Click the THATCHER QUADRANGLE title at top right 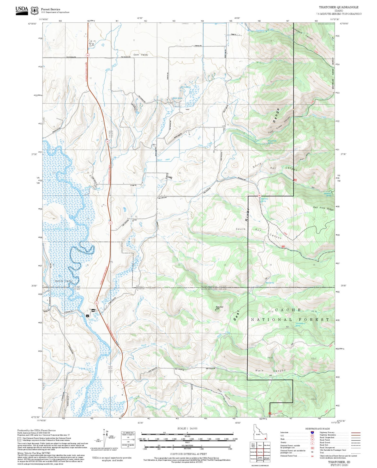338,7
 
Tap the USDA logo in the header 22,10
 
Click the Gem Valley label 141,55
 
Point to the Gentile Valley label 63,281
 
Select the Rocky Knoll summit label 219,307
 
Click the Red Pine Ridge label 323,208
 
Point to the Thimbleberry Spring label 300,325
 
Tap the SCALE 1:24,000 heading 187,429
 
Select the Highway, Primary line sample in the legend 356,433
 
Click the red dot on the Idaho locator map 265,439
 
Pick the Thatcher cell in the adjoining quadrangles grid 260,452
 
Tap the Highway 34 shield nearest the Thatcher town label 97,303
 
